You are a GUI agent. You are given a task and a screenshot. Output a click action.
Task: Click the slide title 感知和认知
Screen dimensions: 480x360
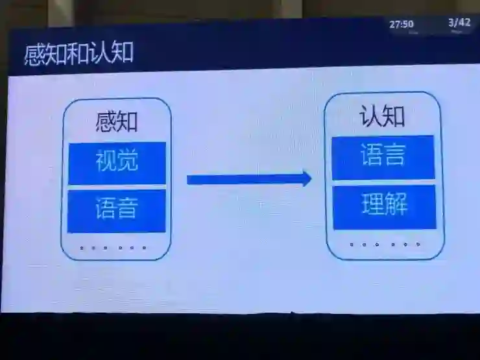pyautogui.click(x=78, y=53)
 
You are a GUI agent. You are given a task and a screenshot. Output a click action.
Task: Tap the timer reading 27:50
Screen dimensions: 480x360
pyautogui.click(x=401, y=25)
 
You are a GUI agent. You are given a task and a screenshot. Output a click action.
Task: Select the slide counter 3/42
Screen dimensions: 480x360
pyautogui.click(x=459, y=23)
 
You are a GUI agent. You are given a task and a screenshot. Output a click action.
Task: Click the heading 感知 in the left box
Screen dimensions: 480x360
pyautogui.click(x=117, y=122)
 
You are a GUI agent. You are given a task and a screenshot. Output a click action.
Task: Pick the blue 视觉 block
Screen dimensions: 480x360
pyautogui.click(x=117, y=162)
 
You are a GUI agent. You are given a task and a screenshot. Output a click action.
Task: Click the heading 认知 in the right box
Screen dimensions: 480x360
pyautogui.click(x=383, y=116)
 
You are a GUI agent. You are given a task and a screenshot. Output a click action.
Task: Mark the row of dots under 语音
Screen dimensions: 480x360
pyautogui.click(x=113, y=248)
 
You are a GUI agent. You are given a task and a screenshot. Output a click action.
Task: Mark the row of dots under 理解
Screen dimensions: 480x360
pyautogui.click(x=385, y=245)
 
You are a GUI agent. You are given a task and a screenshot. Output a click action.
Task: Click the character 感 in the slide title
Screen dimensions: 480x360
pyautogui.click(x=35, y=54)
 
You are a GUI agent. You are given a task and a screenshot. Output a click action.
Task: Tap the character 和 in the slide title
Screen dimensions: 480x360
pyautogui.click(x=78, y=53)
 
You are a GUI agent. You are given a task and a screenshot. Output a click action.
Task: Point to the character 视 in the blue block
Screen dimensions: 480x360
pyautogui.click(x=106, y=162)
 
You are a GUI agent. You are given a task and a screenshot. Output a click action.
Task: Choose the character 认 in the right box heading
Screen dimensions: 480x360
pyautogui.click(x=370, y=117)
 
